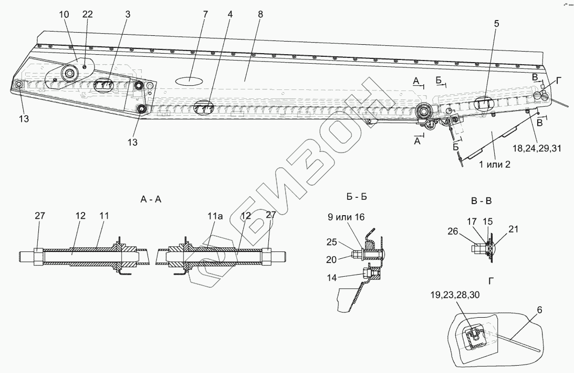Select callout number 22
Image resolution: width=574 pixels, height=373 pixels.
[87, 15]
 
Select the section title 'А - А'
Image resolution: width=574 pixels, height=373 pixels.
[151, 200]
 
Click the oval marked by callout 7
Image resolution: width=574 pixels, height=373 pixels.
[188, 81]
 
